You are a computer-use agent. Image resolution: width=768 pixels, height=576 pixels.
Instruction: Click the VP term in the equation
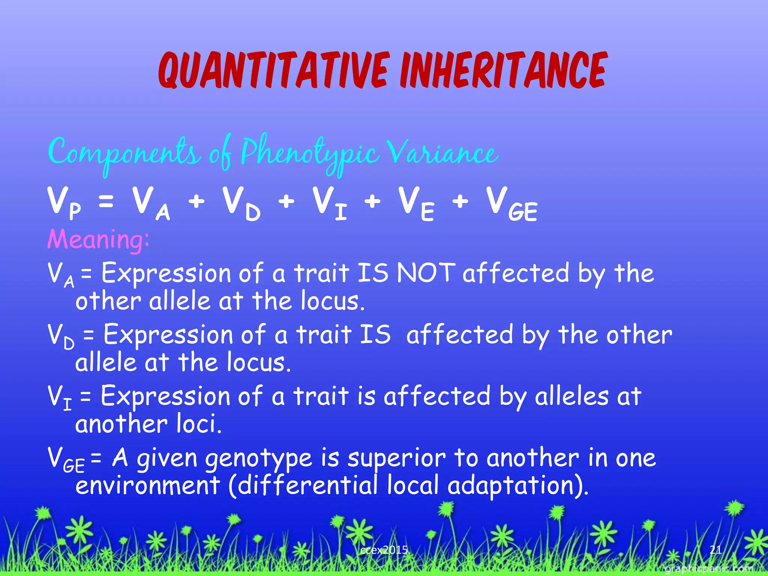64,202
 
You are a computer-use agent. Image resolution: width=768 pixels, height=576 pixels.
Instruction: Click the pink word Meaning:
98,239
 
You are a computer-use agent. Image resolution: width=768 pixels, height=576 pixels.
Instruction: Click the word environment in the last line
147,485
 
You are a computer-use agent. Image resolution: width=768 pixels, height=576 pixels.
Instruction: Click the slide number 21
715,550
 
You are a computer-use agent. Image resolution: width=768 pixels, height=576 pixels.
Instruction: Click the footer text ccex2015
384,550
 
